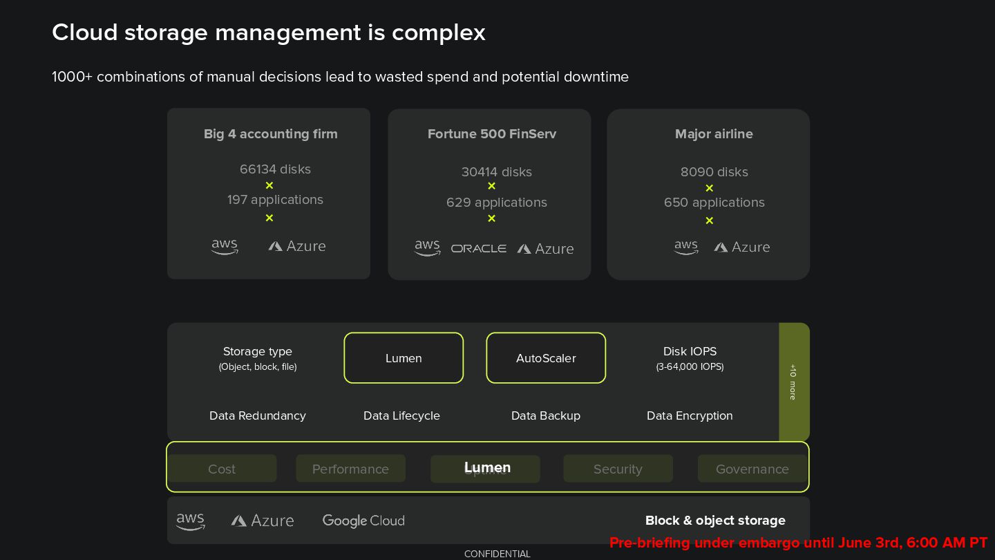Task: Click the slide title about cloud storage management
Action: pyautogui.click(x=269, y=32)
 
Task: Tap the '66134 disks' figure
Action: pyautogui.click(x=275, y=169)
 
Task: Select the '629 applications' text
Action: pyautogui.click(x=496, y=203)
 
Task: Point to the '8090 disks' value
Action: pyautogui.click(x=714, y=172)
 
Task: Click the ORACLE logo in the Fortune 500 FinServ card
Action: pyautogui.click(x=478, y=248)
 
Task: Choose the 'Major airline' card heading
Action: pyautogui.click(x=714, y=134)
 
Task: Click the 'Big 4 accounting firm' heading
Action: pyautogui.click(x=270, y=134)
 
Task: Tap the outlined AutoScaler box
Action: pyautogui.click(x=546, y=358)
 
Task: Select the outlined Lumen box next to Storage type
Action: pyautogui.click(x=404, y=358)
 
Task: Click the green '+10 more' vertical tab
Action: pyautogui.click(x=793, y=382)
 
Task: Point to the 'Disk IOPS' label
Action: pyautogui.click(x=690, y=351)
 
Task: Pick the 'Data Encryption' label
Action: pyautogui.click(x=690, y=416)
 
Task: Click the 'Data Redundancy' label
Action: pyautogui.click(x=257, y=416)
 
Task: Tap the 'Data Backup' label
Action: pyautogui.click(x=545, y=416)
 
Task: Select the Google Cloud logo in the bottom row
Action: pyautogui.click(x=363, y=521)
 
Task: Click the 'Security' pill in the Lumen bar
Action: pyautogui.click(x=618, y=469)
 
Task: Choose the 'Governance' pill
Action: pyautogui.click(x=752, y=469)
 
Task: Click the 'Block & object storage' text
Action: pyautogui.click(x=715, y=521)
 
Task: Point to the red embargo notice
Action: pyautogui.click(x=798, y=543)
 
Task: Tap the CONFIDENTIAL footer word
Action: pyautogui.click(x=497, y=554)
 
